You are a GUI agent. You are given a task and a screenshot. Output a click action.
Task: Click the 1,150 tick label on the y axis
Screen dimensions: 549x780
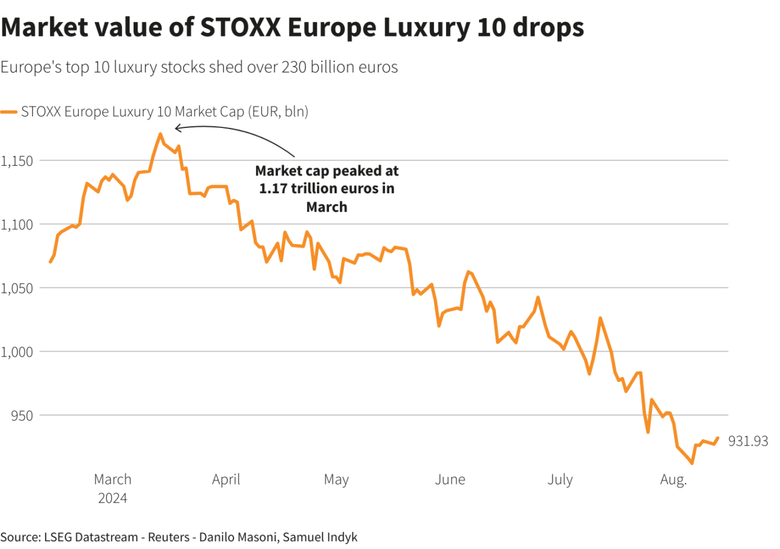click(19, 161)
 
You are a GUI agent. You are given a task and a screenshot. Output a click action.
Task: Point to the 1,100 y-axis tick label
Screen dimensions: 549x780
click(19, 224)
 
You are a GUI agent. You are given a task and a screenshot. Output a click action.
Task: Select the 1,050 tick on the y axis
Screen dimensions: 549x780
click(19, 288)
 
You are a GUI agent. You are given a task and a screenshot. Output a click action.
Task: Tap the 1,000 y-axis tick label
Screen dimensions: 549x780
click(19, 352)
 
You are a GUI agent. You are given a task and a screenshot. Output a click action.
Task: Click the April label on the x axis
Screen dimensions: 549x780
click(226, 480)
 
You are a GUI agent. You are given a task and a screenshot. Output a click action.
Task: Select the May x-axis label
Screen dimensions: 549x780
click(336, 480)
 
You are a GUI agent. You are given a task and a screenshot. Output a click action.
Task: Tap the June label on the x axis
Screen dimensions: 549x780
click(450, 480)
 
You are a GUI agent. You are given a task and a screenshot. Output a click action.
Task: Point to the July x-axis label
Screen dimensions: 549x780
click(559, 480)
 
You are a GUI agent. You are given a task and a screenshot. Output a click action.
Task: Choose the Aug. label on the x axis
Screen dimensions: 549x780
click(673, 480)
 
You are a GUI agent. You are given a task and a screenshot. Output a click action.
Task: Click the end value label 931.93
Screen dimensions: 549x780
click(748, 441)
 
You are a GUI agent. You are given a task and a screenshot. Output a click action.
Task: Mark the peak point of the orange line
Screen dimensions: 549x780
click(160, 134)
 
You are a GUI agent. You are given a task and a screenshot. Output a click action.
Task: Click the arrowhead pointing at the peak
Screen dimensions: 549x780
click(177, 128)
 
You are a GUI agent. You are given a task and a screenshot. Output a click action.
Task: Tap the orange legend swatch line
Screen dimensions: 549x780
click(9, 112)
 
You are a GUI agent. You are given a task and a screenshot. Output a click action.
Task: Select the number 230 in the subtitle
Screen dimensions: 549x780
click(294, 67)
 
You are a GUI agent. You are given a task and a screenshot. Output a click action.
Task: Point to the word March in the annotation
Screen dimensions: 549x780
click(327, 207)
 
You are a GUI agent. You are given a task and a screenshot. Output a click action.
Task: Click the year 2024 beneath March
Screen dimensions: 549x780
click(113, 498)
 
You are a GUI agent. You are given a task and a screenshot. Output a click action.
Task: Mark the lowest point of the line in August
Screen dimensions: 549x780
click(692, 463)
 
